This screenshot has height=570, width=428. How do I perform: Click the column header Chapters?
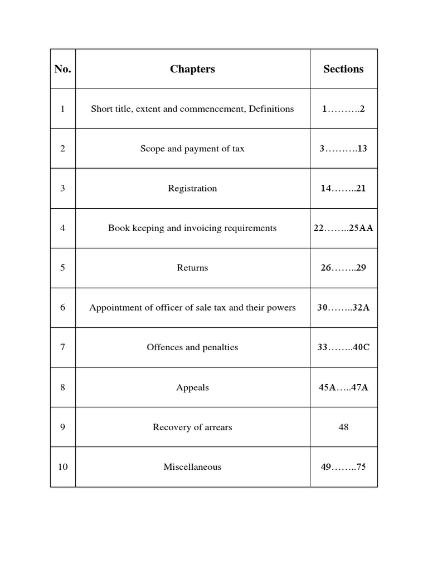[x=192, y=69]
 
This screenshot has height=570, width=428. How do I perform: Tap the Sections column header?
[x=343, y=69]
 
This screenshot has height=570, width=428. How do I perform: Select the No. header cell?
[x=62, y=69]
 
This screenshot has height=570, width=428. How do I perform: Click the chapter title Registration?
[x=192, y=188]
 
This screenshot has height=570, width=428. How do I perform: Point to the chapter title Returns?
[x=192, y=268]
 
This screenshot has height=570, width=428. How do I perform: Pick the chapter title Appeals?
[x=192, y=387]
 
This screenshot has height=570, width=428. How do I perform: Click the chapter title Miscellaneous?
[x=192, y=467]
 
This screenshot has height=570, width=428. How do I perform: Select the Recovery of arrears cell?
[x=192, y=427]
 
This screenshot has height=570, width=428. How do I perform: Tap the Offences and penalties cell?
[x=192, y=347]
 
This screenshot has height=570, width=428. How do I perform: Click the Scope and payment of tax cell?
[x=192, y=149]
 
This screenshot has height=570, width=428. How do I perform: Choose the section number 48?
[x=343, y=427]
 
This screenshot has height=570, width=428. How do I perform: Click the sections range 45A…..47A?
[x=343, y=387]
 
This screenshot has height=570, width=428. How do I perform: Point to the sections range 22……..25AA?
[x=343, y=228]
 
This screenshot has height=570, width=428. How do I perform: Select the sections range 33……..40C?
[x=343, y=347]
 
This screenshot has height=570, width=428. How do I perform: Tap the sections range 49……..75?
[x=343, y=467]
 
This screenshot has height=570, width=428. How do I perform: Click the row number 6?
[x=62, y=308]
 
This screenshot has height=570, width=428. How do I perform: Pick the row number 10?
[x=62, y=467]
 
